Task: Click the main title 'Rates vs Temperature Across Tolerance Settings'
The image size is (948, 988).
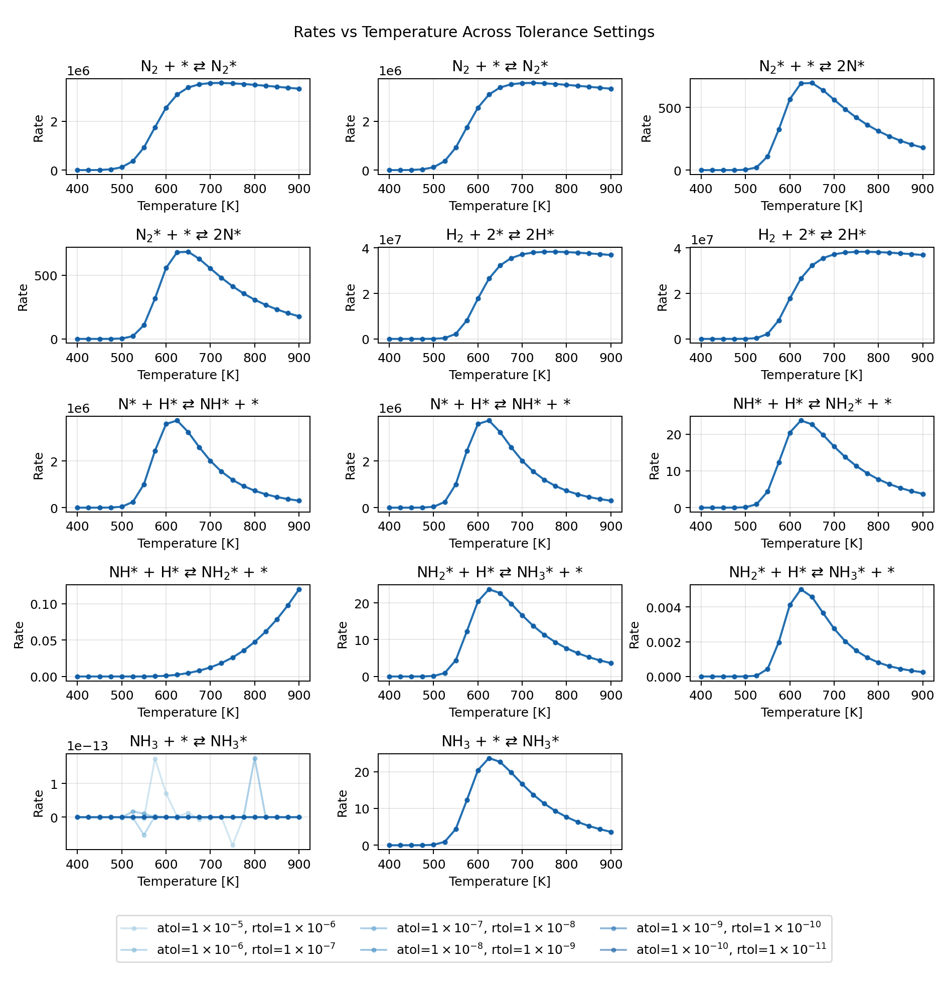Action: [473, 32]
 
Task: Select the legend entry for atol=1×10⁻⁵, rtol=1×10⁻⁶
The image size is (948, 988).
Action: [246, 927]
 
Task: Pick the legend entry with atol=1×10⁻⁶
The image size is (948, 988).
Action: [246, 949]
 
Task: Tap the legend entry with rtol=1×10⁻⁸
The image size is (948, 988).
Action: [486, 927]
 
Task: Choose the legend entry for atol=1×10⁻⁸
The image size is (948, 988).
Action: [486, 949]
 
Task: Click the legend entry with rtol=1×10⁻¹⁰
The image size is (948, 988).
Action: [728, 927]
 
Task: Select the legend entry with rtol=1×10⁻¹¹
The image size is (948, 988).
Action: [731, 949]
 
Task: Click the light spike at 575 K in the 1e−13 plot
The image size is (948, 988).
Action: [155, 759]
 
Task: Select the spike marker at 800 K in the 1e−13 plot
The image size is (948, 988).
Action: [255, 759]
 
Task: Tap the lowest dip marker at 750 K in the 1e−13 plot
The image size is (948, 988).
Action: [232, 846]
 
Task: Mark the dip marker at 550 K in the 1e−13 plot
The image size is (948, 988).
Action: [144, 835]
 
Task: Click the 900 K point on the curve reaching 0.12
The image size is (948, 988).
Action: [298, 589]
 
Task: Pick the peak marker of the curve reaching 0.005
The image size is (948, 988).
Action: [801, 589]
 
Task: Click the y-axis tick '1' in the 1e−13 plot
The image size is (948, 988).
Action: [55, 784]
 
